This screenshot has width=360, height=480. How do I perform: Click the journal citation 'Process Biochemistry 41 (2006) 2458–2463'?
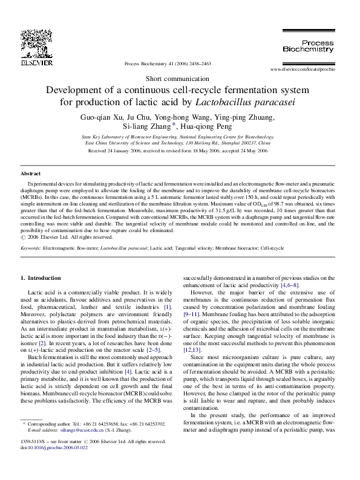click(x=167, y=63)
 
